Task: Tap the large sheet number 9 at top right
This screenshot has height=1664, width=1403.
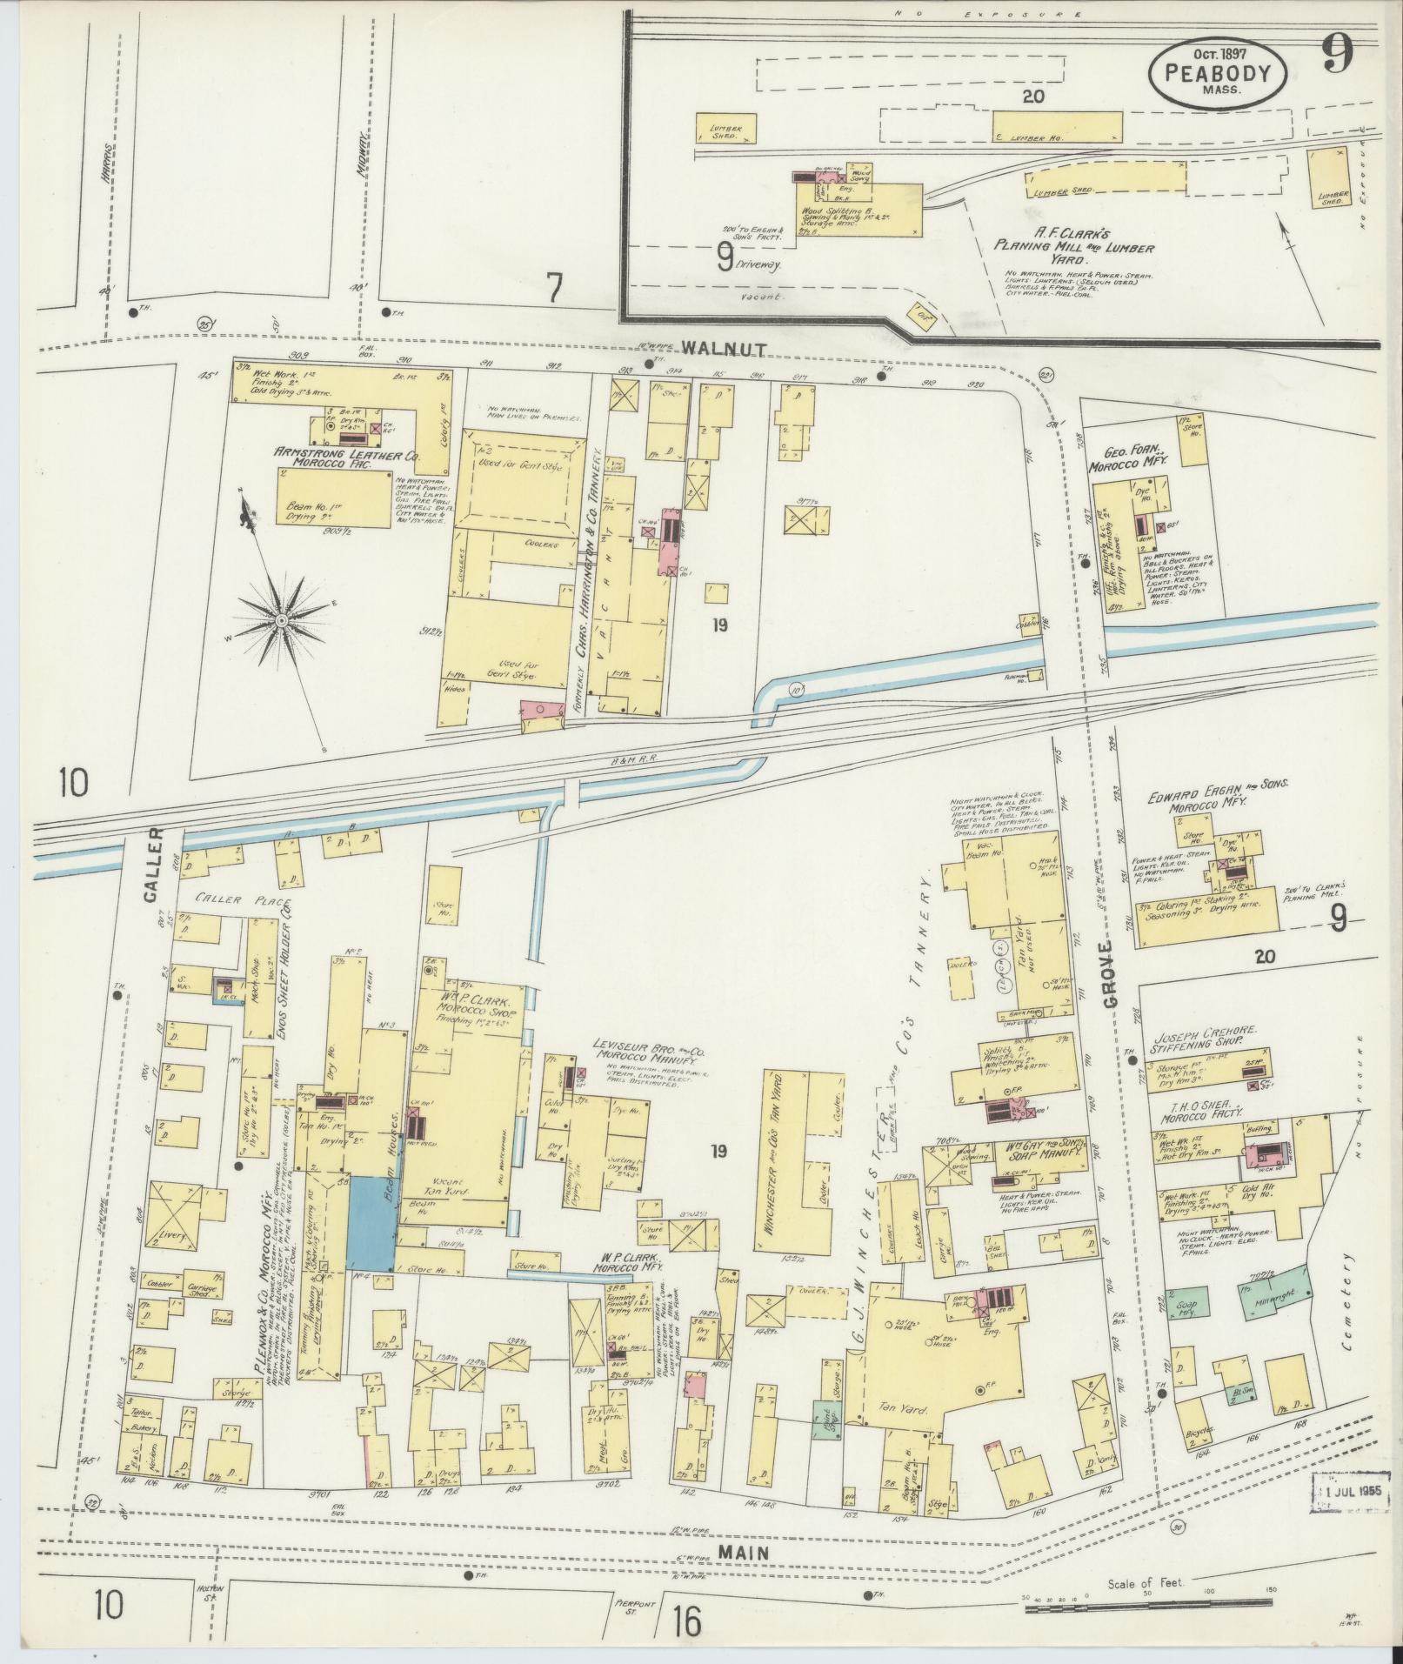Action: [1338, 57]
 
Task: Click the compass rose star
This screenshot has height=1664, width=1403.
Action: [281, 620]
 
